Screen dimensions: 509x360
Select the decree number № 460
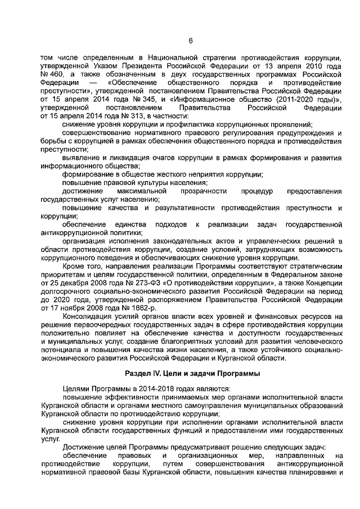click(50, 74)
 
